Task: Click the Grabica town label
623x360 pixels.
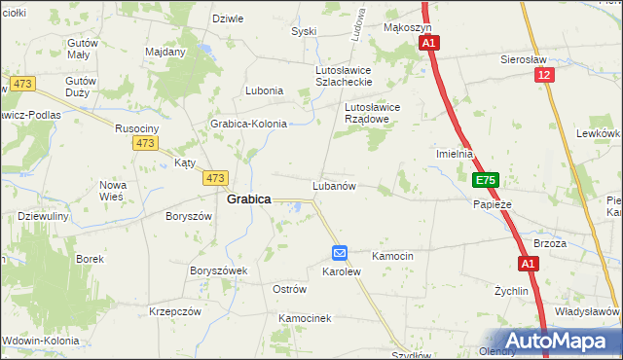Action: tap(248, 198)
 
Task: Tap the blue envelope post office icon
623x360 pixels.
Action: tap(339, 253)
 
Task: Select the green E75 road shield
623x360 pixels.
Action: tap(486, 181)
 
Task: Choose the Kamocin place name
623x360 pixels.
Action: tap(393, 256)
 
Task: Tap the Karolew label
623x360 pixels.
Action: tap(342, 272)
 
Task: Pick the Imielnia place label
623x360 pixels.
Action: tap(455, 154)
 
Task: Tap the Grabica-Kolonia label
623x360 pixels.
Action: tap(249, 125)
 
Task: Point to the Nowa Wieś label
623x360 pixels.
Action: tap(112, 190)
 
